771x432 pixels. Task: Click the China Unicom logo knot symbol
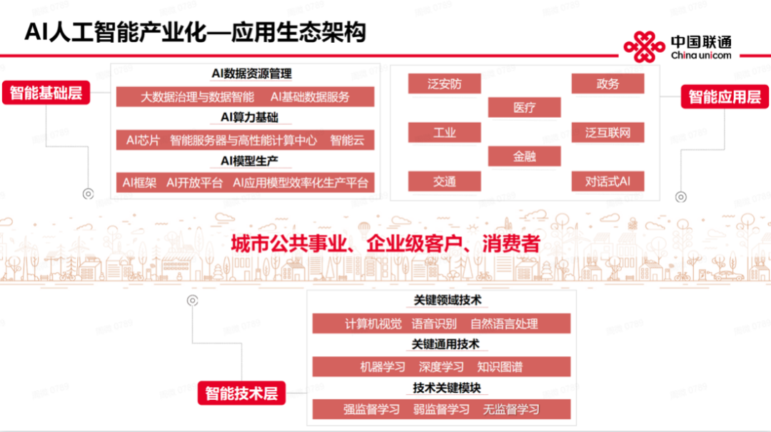coord(644,47)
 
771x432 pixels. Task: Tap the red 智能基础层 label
coord(46,93)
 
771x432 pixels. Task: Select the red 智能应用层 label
coord(725,96)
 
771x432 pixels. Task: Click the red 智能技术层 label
coord(241,393)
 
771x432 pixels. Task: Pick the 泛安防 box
coord(444,84)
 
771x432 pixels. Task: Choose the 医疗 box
coord(524,108)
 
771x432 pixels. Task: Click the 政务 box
coord(608,84)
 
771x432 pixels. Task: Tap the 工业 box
coord(444,132)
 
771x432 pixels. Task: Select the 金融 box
coord(524,156)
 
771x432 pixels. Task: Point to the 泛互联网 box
coord(608,132)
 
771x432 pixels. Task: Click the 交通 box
coord(444,181)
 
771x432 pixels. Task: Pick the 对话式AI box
coord(608,181)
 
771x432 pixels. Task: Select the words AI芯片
coord(143,140)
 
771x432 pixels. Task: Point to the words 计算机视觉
coord(373,323)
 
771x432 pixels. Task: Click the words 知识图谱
coord(500,367)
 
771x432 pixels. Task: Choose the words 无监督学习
coord(511,410)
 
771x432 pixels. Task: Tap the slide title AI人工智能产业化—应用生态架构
coord(194,32)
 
